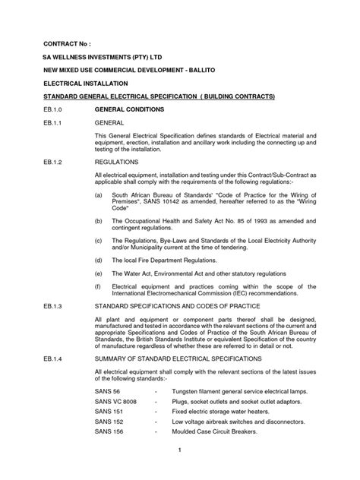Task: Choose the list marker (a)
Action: [99, 195]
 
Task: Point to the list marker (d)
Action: [99, 259]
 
